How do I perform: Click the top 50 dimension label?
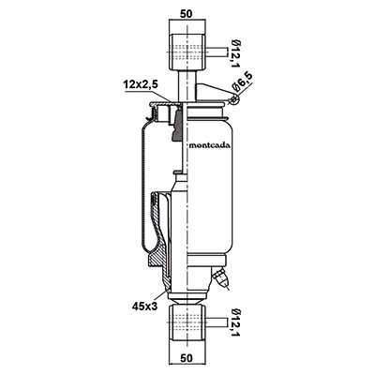click(187, 13)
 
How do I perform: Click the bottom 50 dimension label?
click(187, 358)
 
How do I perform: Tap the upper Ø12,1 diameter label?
click(235, 53)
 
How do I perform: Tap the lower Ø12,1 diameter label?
click(235, 323)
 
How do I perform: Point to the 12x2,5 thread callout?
click(141, 84)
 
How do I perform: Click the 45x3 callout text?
click(144, 307)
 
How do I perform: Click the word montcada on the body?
click(210, 145)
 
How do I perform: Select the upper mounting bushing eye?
click(187, 52)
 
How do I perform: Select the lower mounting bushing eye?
click(187, 323)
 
